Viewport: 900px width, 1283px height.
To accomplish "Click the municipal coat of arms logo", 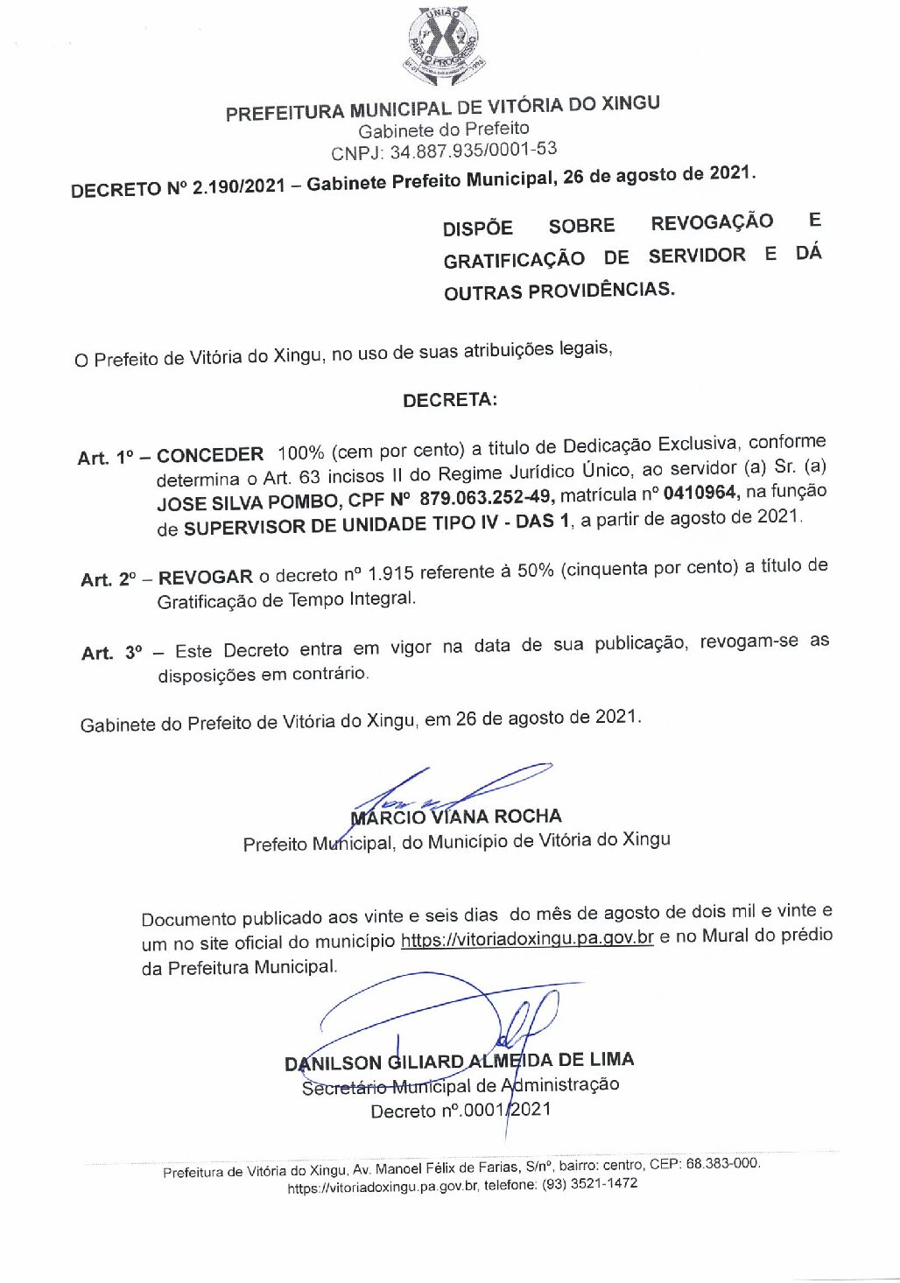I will coord(446,46).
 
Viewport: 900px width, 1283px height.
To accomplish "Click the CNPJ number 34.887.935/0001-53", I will coord(473,151).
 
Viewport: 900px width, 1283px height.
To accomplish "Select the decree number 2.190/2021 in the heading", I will coord(238,186).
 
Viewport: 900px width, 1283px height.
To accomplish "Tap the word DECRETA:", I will coord(450,400).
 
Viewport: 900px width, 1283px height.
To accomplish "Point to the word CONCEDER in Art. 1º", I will coord(210,455).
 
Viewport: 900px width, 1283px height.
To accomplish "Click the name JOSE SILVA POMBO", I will coord(246,502).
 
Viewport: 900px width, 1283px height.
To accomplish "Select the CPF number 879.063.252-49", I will coord(485,498).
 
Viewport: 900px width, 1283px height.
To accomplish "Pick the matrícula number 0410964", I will coord(700,493).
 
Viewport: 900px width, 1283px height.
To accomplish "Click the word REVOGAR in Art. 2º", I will coord(206,577).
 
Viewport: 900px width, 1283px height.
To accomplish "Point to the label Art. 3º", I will coord(110,653).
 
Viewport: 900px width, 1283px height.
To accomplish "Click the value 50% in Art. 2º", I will coord(535,570).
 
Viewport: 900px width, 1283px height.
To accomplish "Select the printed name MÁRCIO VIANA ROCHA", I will coord(455,817).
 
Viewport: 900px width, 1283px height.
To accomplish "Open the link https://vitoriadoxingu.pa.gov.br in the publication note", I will coord(527,938).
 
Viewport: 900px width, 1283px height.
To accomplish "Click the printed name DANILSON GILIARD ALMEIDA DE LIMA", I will coord(459,1062).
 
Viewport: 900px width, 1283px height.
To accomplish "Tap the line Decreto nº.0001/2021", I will coord(461,1111).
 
